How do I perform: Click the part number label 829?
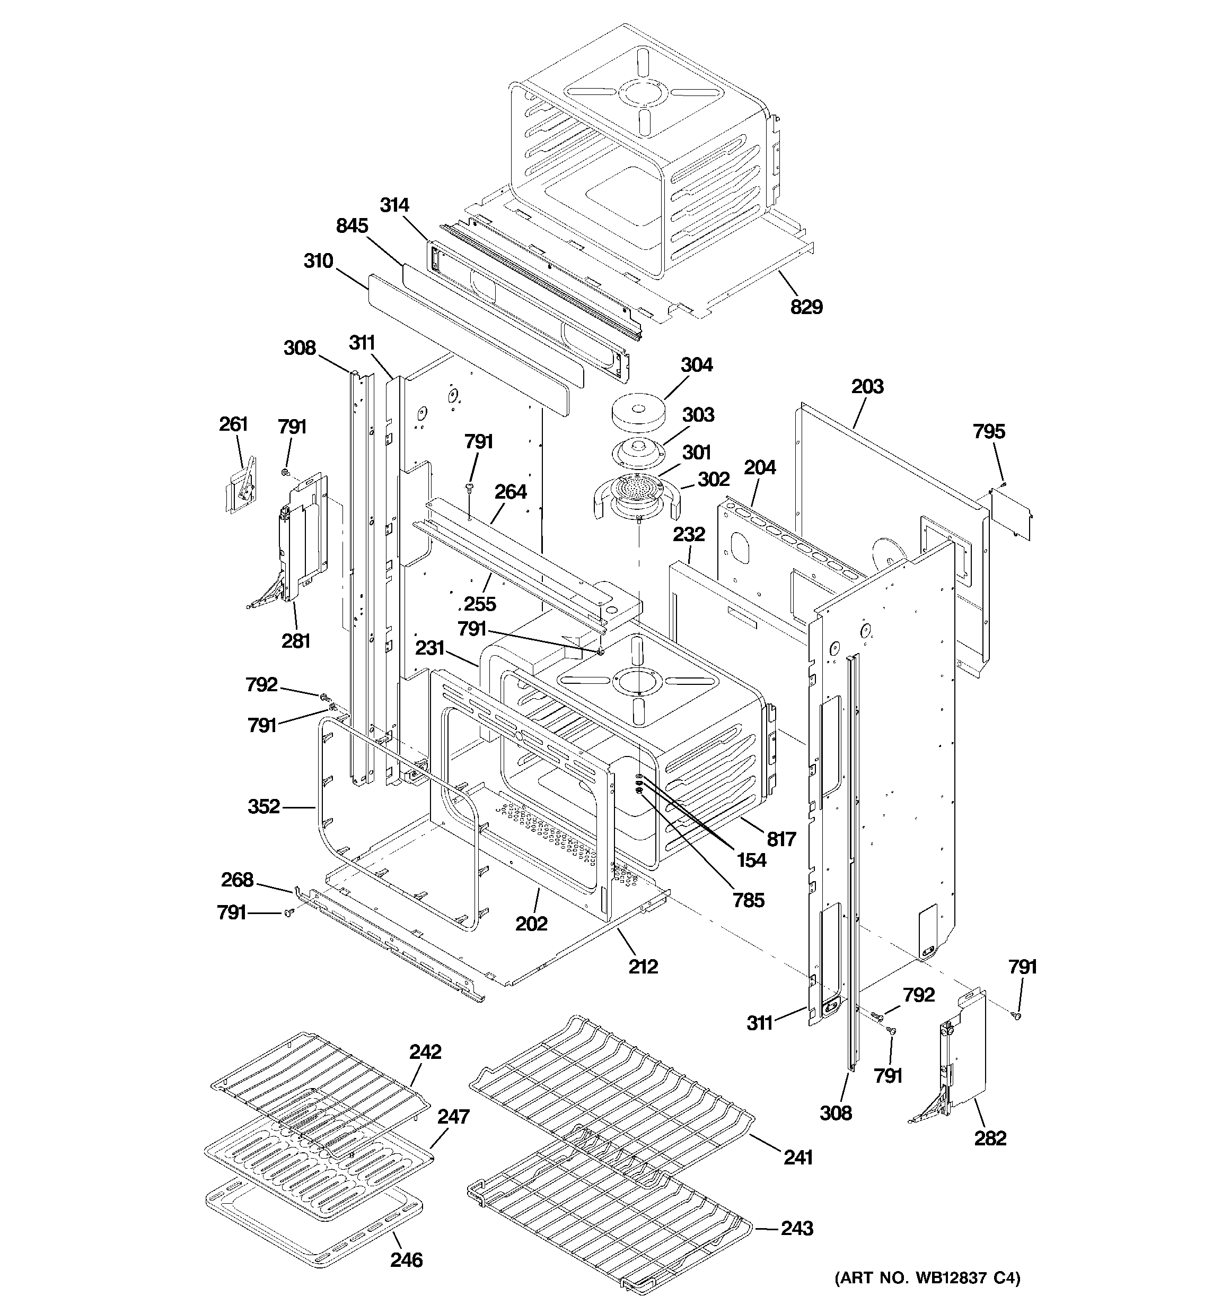[x=806, y=307]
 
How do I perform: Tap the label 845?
[x=352, y=226]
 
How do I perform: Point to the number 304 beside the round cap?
[x=697, y=364]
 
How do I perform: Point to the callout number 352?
[x=263, y=806]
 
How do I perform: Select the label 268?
[x=237, y=880]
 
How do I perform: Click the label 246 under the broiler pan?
[x=406, y=1260]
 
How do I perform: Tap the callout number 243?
[x=797, y=1229]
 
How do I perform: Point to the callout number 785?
[x=749, y=900]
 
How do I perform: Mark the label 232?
[x=689, y=534]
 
